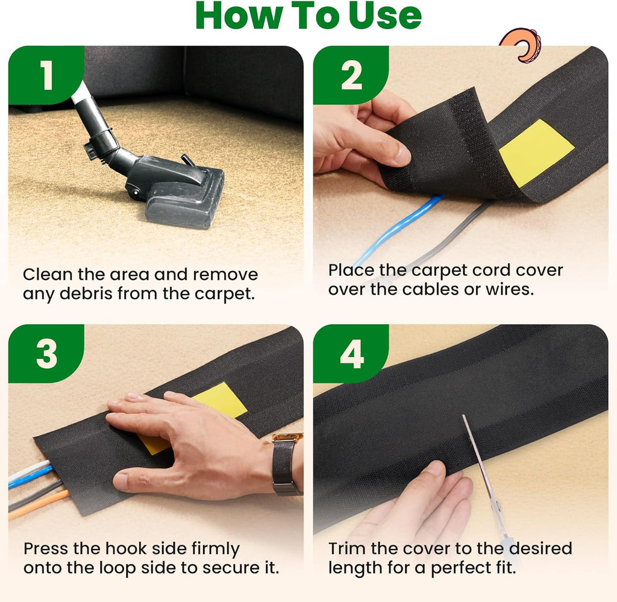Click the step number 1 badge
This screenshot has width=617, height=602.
pos(46,75)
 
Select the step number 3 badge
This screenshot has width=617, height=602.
pos(46,353)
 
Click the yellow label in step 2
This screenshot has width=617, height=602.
pos(536,152)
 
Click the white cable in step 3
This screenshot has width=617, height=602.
pos(28,470)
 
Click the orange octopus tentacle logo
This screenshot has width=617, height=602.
pos(521,45)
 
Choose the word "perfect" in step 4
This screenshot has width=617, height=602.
pos(457,568)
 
